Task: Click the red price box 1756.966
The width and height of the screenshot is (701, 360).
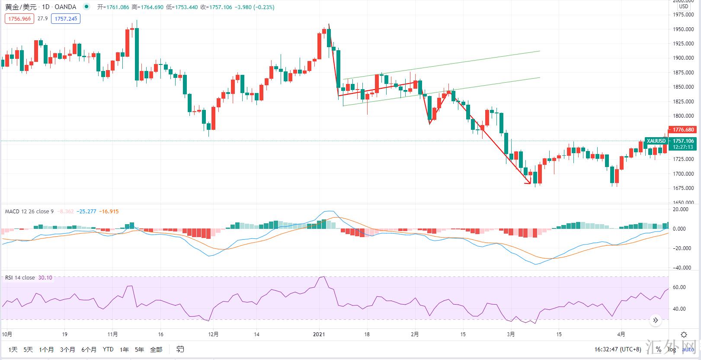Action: pos(19,19)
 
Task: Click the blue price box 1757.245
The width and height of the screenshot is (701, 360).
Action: pos(66,19)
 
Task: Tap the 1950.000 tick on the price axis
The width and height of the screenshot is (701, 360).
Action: pos(684,29)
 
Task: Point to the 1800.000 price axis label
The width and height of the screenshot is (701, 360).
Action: pos(684,116)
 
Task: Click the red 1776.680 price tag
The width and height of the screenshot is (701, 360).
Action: pos(683,130)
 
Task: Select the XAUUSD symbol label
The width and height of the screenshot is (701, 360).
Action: pos(656,141)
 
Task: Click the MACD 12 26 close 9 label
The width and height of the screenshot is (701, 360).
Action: pos(29,212)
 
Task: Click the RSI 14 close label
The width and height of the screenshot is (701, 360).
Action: pos(20,278)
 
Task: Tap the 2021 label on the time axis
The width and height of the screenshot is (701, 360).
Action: pos(319,334)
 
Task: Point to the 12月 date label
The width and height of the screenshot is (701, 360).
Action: pos(213,334)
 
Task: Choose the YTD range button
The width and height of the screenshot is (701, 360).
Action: pos(108,349)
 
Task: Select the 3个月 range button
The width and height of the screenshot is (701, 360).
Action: pos(67,349)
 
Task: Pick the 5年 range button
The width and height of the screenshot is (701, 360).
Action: pos(139,349)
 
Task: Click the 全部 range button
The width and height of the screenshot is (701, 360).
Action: pos(156,349)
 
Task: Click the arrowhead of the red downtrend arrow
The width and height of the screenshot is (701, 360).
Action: pos(529,182)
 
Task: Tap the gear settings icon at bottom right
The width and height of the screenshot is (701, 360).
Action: pos(684,334)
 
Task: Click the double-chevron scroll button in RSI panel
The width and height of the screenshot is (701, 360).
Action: pos(656,320)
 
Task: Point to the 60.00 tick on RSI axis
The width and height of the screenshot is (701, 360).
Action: pos(679,287)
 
